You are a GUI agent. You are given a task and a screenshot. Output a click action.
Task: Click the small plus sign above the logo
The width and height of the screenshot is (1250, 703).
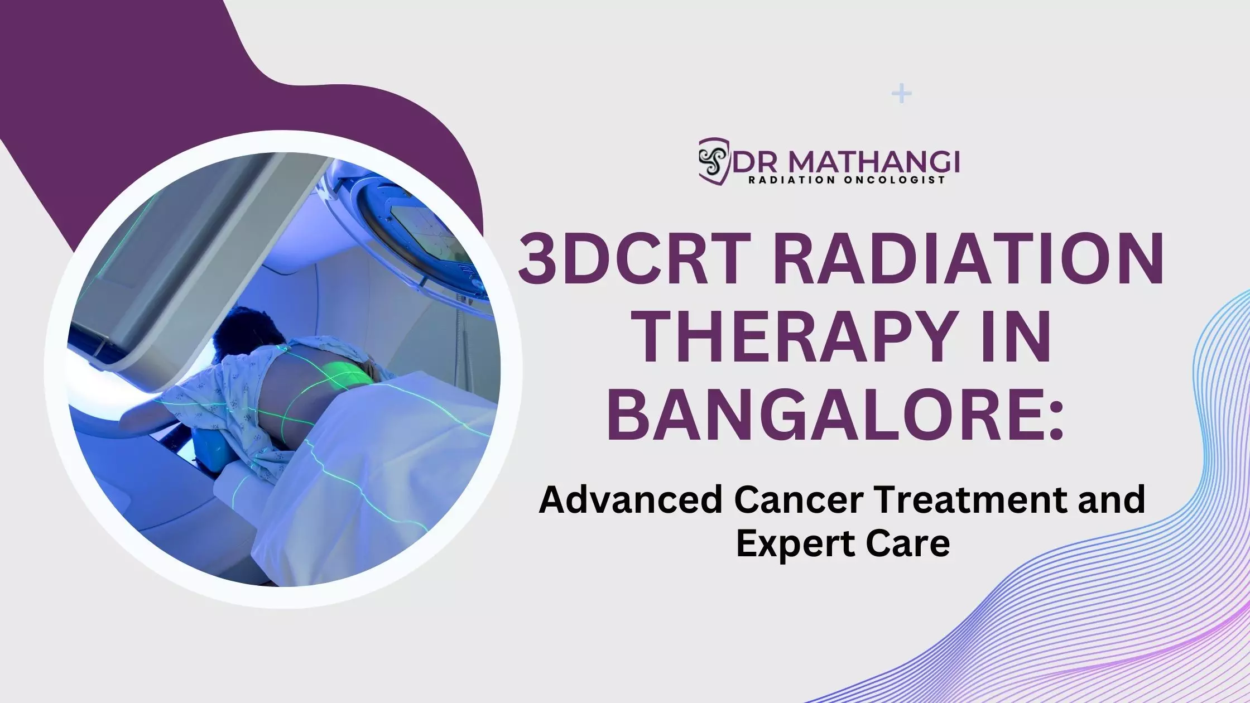pyautogui.click(x=902, y=94)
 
